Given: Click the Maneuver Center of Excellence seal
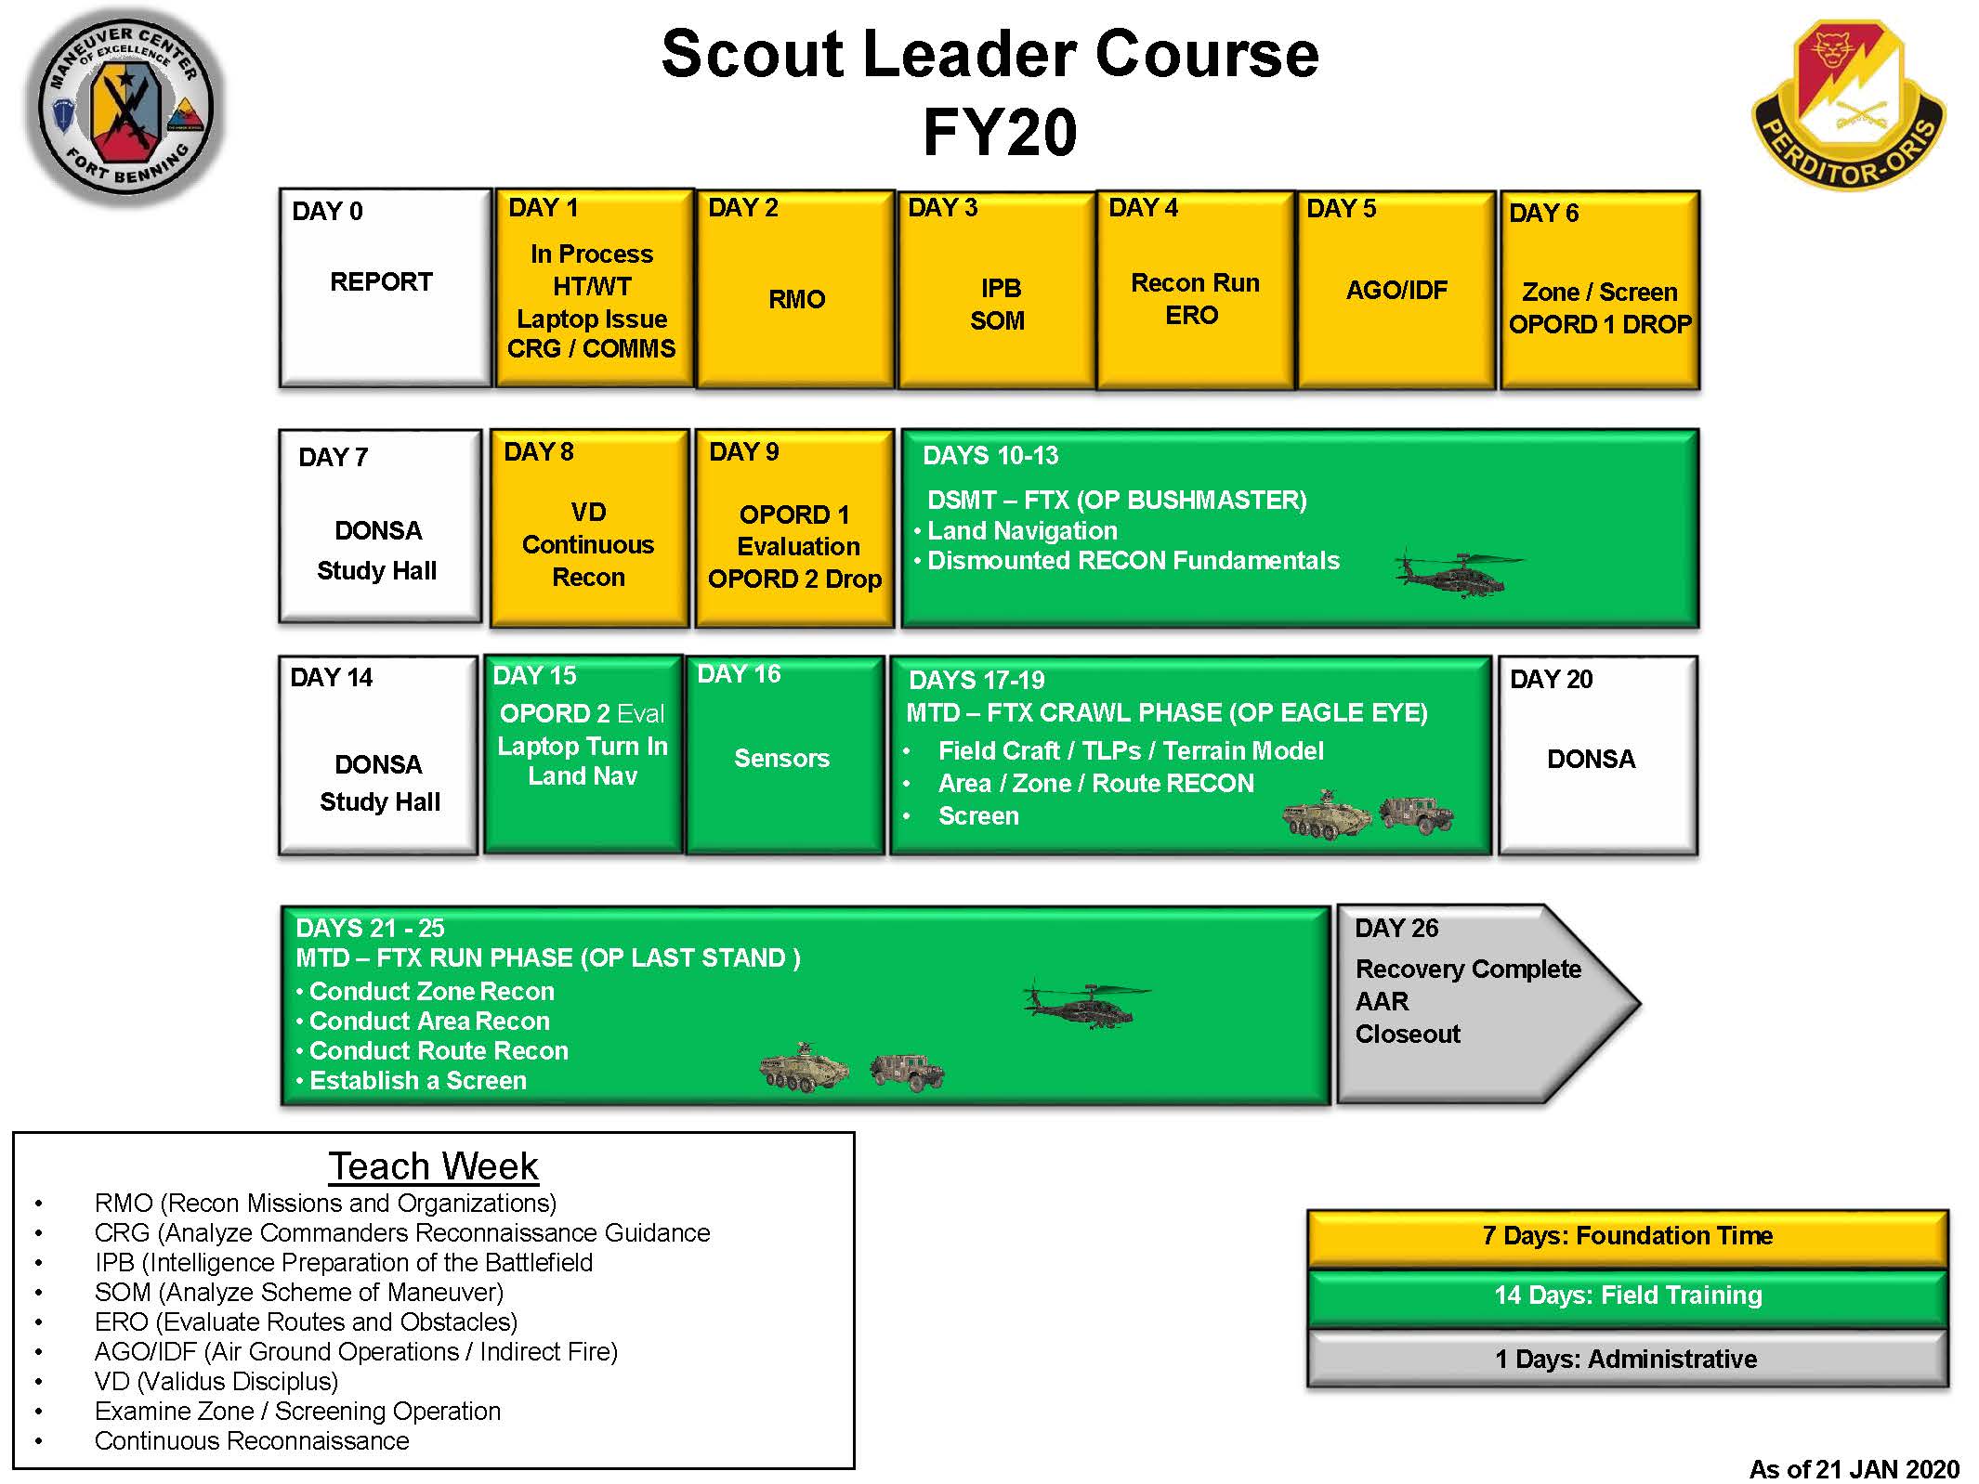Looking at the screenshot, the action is tap(125, 107).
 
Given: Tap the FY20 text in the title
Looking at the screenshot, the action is tap(1000, 132).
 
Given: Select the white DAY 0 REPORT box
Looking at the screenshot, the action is tap(385, 287).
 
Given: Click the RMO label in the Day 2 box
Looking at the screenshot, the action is tap(796, 299).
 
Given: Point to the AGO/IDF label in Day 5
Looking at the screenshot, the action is tap(1396, 290).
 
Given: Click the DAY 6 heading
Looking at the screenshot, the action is tap(1543, 213).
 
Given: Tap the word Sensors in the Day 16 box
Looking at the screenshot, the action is tap(781, 758).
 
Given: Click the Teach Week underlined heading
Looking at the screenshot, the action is tap(433, 1166).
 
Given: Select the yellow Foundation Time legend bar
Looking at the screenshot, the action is tap(1627, 1237).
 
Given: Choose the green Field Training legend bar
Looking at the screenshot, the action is tap(1627, 1296).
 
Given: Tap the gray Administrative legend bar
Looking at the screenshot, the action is tap(1627, 1359).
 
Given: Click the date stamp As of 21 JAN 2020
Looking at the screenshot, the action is tap(1854, 1468).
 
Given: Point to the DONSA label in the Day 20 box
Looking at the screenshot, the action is tap(1591, 759).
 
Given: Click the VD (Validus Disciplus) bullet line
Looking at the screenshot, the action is tap(216, 1381).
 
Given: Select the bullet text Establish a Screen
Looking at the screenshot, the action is tap(418, 1080).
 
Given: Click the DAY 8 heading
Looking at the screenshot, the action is tap(538, 451).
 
